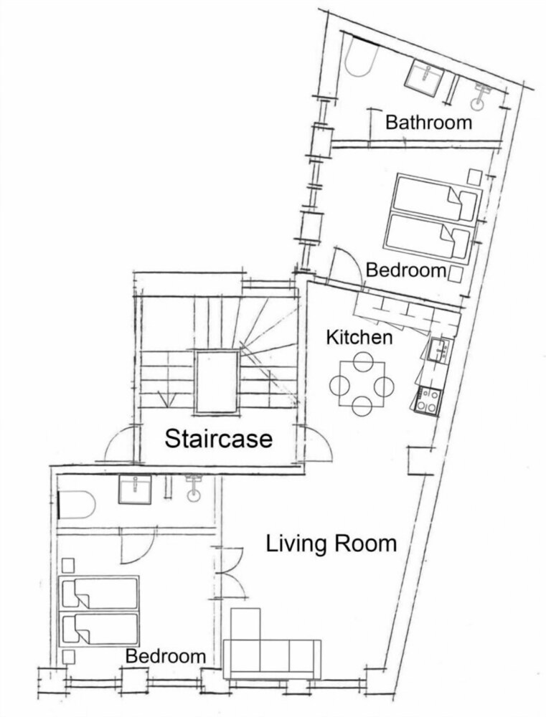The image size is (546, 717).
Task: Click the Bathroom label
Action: [x=428, y=123]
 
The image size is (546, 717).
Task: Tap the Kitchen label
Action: [x=359, y=338]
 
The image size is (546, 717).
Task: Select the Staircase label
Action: [x=218, y=439]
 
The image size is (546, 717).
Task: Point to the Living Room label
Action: [x=331, y=543]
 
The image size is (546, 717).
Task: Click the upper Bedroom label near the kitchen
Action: [x=405, y=270]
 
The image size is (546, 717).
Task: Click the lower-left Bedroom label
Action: [x=166, y=656]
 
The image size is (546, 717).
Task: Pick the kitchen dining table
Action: [x=362, y=384]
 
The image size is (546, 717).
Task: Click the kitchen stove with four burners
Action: [x=428, y=401]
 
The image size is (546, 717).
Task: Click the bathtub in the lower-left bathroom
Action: [x=77, y=505]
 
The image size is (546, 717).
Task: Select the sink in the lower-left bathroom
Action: [x=135, y=490]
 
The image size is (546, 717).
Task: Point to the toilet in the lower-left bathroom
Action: [x=194, y=489]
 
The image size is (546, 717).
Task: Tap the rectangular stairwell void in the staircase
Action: [x=217, y=382]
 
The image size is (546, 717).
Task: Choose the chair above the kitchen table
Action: [x=362, y=361]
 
